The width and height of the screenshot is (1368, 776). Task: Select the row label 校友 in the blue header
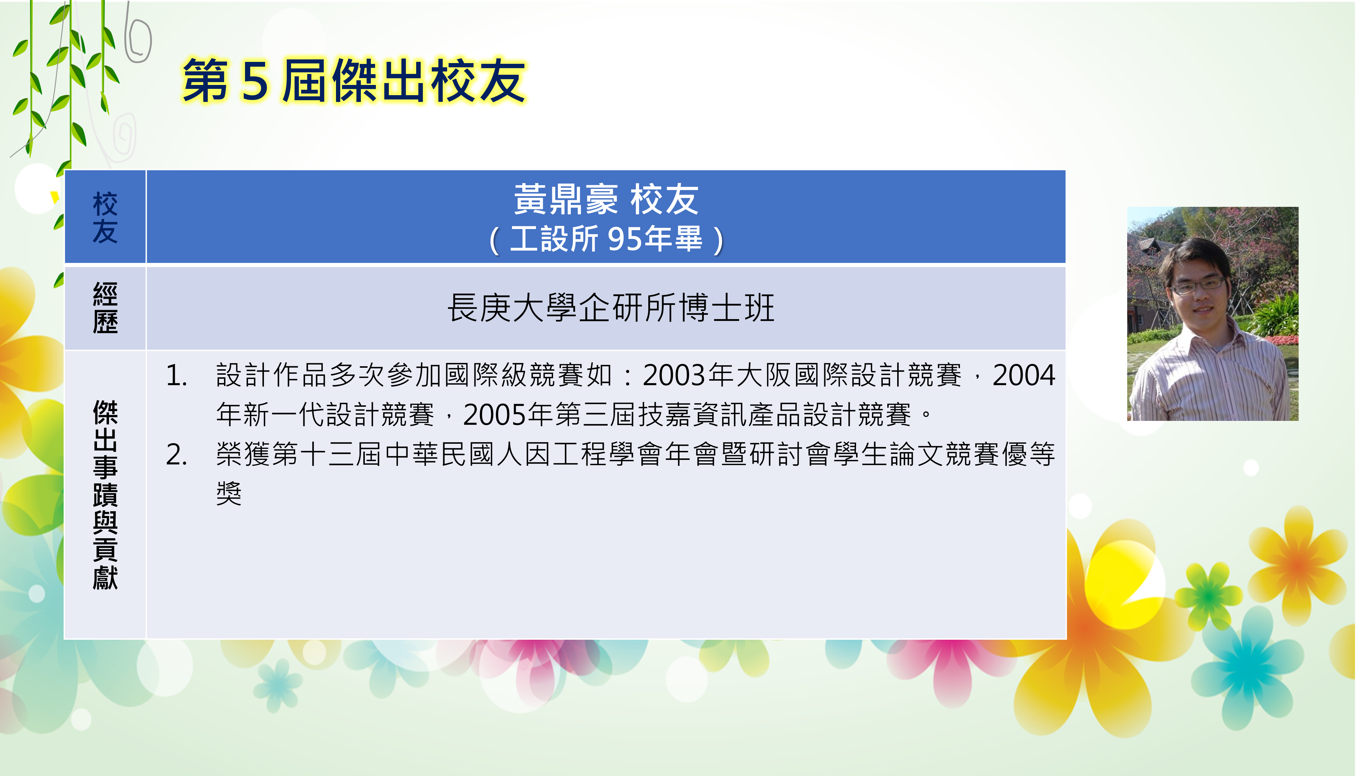tap(105, 217)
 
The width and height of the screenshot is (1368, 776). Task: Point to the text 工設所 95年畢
tap(606, 239)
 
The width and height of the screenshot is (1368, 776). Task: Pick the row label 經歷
tap(105, 307)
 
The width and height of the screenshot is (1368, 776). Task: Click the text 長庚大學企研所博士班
tap(611, 308)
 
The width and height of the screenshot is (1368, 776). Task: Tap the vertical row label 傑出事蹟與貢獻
tap(105, 495)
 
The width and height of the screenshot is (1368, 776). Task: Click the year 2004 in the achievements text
tap(1024, 375)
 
